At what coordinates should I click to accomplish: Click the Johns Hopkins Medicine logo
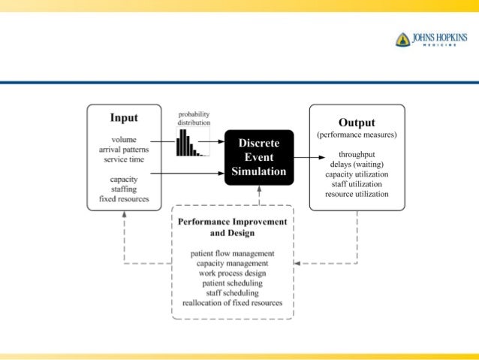tap(431, 39)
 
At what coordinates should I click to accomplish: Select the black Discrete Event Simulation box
tap(259, 157)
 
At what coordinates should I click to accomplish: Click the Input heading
tap(124, 118)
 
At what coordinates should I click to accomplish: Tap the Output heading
tap(357, 123)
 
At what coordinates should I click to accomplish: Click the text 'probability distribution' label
tap(193, 118)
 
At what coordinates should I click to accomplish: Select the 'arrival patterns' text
tap(124, 150)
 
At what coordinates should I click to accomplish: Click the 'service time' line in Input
tap(124, 159)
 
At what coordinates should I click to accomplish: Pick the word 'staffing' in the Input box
tap(124, 189)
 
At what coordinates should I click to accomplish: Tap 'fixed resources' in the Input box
tap(124, 199)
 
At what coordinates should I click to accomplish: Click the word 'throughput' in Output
tap(357, 155)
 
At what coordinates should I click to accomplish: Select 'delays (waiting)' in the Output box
tap(357, 165)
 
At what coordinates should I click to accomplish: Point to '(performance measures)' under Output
tap(357, 135)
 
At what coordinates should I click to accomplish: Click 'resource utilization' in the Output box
tap(357, 194)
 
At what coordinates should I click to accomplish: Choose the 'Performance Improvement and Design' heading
tap(233, 228)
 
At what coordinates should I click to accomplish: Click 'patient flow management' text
tap(233, 254)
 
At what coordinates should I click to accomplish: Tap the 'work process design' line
tap(233, 274)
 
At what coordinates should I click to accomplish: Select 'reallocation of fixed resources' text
tap(233, 303)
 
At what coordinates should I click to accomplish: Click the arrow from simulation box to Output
tap(300, 158)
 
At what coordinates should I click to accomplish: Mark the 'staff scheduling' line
tap(233, 293)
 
